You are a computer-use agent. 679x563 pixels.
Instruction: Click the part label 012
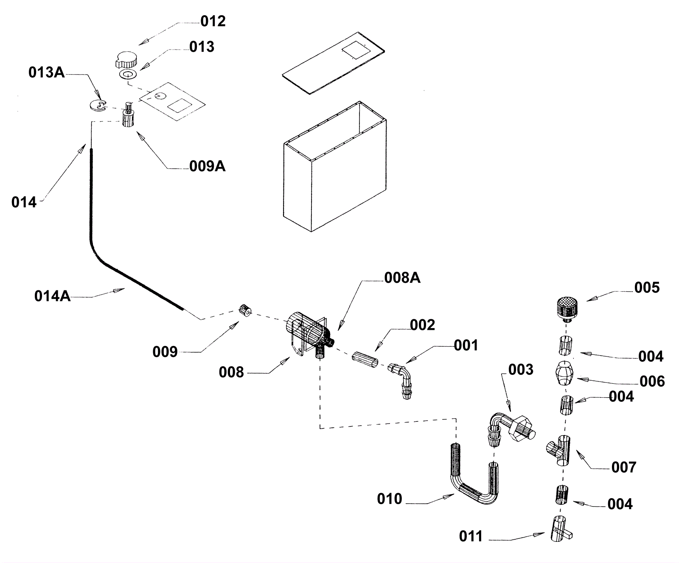coord(213,21)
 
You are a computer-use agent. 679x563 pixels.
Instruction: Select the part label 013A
coord(47,72)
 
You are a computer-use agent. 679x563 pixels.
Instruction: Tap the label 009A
coord(207,166)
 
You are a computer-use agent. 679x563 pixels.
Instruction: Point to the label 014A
coord(53,296)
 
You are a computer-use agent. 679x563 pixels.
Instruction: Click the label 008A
coord(402,278)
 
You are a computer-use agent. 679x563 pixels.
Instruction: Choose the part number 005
coord(647,287)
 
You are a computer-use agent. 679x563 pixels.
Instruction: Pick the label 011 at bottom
coord(471,536)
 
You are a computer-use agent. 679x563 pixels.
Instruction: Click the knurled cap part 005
coord(567,309)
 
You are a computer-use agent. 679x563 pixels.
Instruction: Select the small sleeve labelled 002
coord(365,360)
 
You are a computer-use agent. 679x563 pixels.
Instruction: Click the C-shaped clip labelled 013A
coord(99,106)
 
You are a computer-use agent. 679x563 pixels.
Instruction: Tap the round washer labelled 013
coord(126,75)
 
